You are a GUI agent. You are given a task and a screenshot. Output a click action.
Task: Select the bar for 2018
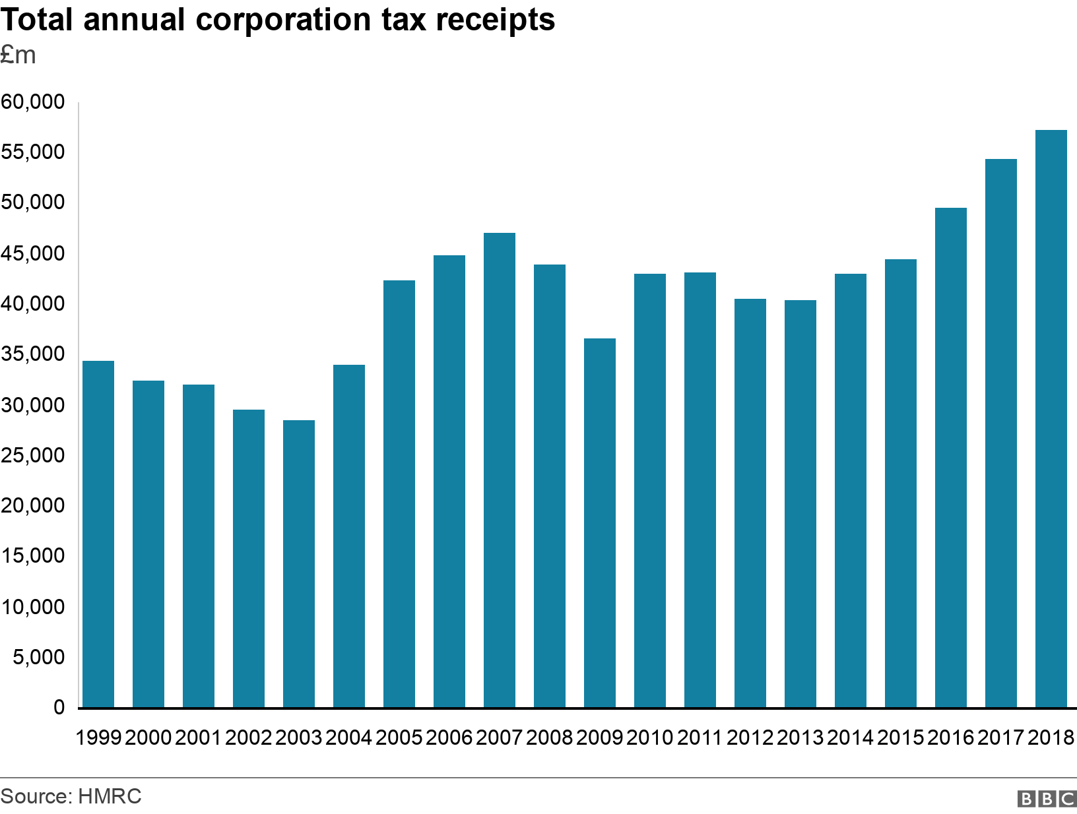(x=1051, y=419)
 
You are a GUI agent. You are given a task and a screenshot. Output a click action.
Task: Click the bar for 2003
(x=299, y=564)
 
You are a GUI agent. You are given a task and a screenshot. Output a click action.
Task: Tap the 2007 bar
(x=500, y=470)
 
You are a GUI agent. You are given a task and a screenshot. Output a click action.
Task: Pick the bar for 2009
(x=600, y=523)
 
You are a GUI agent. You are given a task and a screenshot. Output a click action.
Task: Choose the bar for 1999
(x=98, y=534)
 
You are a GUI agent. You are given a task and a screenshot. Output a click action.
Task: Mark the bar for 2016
(x=951, y=458)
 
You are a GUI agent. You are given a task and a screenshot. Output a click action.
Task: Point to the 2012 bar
(x=750, y=503)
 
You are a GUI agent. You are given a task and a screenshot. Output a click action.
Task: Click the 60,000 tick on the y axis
(x=33, y=102)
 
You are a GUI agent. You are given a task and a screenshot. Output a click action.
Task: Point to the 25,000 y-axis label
(x=33, y=455)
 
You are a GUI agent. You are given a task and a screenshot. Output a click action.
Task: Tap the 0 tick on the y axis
(x=59, y=707)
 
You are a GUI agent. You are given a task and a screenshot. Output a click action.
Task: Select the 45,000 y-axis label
(x=33, y=253)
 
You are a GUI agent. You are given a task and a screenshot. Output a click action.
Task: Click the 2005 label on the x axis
(x=399, y=737)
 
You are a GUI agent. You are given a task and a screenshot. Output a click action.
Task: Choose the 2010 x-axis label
(x=650, y=737)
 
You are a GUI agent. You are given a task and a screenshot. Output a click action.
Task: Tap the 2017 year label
(x=1001, y=737)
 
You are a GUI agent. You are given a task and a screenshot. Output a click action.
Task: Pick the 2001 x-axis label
(x=199, y=737)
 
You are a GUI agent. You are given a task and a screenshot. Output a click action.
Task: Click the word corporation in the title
(x=284, y=20)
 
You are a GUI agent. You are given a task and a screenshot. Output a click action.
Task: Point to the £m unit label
(x=18, y=55)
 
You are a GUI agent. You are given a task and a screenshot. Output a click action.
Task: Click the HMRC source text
(x=110, y=796)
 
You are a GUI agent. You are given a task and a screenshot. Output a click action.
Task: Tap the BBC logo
(x=1047, y=799)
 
